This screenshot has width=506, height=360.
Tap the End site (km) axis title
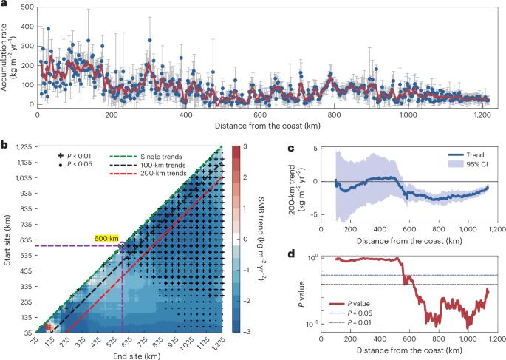click(x=129, y=354)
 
